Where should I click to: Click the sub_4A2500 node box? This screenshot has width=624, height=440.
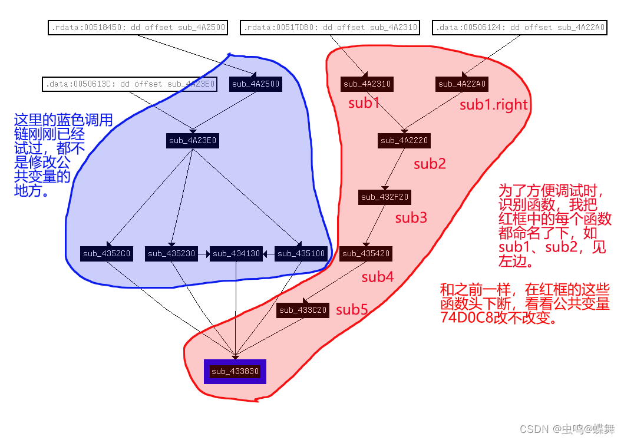tap(256, 84)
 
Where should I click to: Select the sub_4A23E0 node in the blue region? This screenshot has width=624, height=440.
tap(193, 141)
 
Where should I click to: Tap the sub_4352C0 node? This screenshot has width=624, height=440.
tap(107, 254)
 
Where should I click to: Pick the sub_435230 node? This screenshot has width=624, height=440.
tap(171, 254)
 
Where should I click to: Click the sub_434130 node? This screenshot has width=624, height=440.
tap(236, 254)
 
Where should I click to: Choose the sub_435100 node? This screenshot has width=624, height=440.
tap(301, 254)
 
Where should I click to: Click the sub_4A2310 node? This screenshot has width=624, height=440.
tap(367, 84)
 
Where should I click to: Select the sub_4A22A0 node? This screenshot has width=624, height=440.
tap(462, 84)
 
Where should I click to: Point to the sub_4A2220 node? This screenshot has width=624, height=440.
tap(404, 141)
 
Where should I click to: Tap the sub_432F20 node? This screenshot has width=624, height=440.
tap(385, 197)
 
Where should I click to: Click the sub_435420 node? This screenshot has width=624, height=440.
tap(365, 254)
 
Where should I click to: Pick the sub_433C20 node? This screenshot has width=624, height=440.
tap(303, 310)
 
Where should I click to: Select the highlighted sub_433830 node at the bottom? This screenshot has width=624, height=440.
tap(235, 372)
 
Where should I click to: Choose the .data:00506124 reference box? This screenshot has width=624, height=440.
tap(520, 28)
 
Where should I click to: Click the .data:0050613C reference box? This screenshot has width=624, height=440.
tap(130, 84)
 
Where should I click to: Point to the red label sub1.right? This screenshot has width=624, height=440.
tap(494, 105)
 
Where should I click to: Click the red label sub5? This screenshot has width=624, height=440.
tap(352, 310)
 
